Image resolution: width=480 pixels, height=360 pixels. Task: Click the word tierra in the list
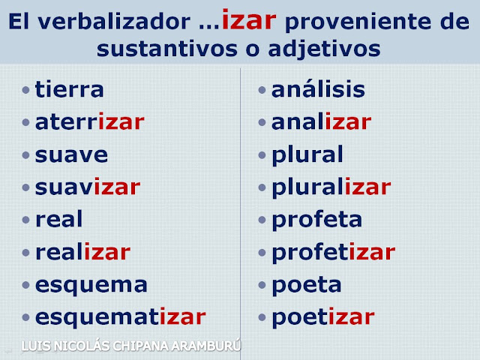70,89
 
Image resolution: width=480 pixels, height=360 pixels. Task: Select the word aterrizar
90,121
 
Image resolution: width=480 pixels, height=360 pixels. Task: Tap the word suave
71,155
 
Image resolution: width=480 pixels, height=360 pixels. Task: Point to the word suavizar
88,187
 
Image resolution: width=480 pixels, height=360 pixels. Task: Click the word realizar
83,252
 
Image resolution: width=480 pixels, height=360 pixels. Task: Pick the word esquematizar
121,317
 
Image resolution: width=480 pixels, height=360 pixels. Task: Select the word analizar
322,121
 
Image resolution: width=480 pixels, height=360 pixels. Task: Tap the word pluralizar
331,187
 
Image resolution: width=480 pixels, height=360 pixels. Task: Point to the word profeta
316,219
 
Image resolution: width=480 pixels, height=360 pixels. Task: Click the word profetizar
334,252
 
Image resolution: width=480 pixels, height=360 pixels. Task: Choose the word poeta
307,285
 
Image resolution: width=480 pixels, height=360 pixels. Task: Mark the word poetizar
323,317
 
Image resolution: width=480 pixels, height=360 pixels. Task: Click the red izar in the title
249,19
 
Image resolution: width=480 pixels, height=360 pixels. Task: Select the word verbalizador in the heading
114,22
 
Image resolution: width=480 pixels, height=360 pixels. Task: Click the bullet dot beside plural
262,155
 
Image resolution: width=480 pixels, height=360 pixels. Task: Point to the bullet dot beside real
25,220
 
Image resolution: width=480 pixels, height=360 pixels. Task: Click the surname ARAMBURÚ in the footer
206,346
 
